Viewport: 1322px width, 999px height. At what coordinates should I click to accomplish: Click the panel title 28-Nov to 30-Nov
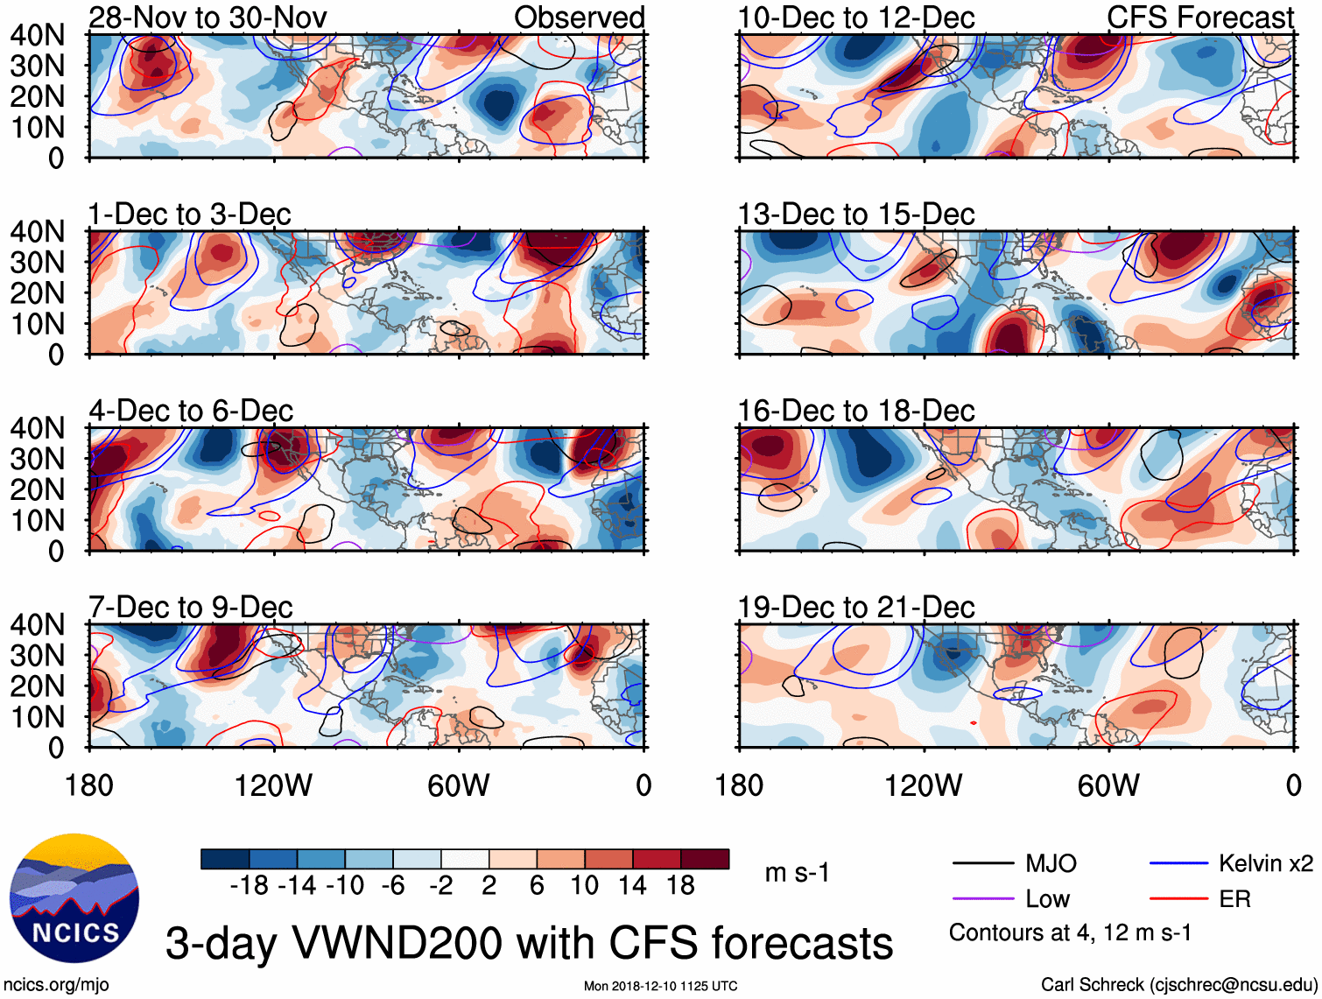point(207,17)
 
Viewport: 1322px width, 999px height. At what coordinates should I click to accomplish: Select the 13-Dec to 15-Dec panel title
point(855,214)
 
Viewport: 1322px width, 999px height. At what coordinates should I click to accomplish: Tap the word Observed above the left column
point(579,17)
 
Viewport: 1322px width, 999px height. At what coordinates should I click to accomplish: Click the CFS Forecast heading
point(1199,17)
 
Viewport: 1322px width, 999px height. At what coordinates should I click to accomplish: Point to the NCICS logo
point(74,898)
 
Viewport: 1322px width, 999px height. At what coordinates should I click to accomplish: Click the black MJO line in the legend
point(983,864)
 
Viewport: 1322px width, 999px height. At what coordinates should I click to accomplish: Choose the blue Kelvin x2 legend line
point(1178,864)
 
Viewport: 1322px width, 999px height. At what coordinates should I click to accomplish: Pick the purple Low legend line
point(983,899)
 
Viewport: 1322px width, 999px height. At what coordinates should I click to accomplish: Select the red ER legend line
point(1178,899)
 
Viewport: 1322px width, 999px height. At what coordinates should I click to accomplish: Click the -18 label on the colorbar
point(249,886)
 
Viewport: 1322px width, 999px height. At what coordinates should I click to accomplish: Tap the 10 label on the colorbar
point(584,886)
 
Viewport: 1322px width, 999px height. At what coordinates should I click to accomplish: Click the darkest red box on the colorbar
point(705,859)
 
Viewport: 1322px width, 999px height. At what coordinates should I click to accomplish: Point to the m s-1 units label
point(797,872)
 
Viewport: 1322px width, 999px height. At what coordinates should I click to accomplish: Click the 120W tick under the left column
point(273,785)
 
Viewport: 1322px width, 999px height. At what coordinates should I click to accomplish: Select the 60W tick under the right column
point(1108,785)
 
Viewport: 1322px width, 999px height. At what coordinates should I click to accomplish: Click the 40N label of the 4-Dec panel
point(37,428)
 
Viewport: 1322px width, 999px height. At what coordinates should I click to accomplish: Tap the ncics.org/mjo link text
point(56,984)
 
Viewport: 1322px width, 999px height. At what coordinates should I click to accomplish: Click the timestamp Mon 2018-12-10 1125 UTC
point(660,986)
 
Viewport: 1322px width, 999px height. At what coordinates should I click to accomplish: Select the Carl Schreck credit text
point(1178,984)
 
